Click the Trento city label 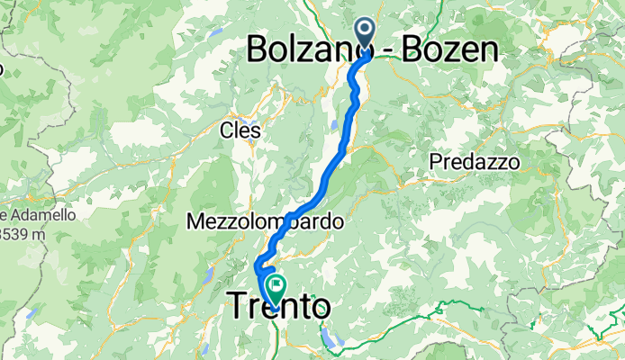tap(278, 308)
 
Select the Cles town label tap(240, 130)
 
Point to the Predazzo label tap(475, 163)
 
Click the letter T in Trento tap(239, 307)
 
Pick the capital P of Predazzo tap(437, 163)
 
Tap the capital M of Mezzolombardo tap(196, 220)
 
